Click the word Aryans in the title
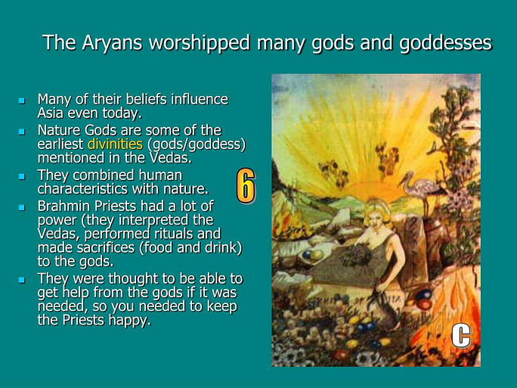coord(112,43)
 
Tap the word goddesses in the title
coord(445,43)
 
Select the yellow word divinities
coord(115,144)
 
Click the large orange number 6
coord(246,186)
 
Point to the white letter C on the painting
coord(460,335)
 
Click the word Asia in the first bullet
coord(51,113)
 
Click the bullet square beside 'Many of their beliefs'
coord(22,101)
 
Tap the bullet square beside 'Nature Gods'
coord(22,132)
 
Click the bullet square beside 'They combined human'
coord(22,176)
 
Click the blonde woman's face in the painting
coord(376,218)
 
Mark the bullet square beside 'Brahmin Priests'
coord(22,207)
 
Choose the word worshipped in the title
coord(199,43)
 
